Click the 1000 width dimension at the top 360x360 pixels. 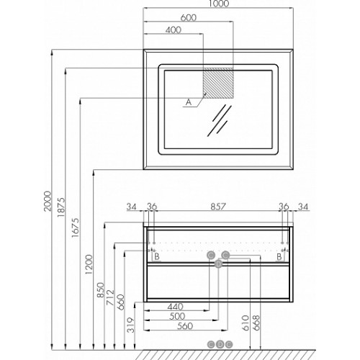pos(219,4)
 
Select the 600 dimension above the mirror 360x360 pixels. pos(189,17)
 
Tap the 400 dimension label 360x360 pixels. pos(174,30)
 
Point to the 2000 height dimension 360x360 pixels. pos(48,201)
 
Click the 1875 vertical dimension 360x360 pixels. pos(61,207)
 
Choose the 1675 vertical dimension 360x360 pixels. pos(75,228)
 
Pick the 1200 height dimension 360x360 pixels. pos(89,264)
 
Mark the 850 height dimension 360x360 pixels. pos(101,290)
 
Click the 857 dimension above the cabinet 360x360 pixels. pos(218,207)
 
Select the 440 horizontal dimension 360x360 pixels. pos(175,307)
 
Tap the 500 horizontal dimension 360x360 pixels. pos(177,316)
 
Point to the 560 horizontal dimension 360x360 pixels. pos(185,326)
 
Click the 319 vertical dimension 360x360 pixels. pos(131,325)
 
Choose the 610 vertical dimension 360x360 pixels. pos(246,323)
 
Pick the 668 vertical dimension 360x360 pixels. pos(256,323)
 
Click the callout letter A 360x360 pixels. pos(189,102)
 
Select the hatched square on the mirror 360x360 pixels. pos(218,83)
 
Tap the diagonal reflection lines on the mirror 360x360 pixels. pos(220,120)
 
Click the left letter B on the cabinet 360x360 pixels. pos(157,256)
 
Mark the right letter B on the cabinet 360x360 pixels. pos(279,256)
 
